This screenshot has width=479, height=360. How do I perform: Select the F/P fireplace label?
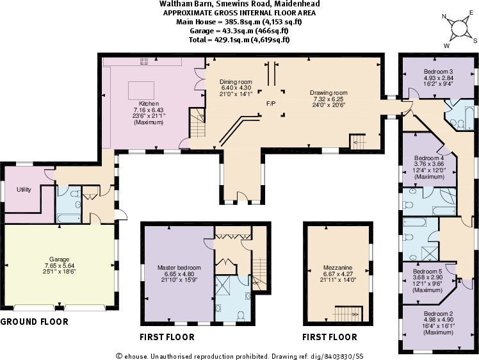pos(272,102)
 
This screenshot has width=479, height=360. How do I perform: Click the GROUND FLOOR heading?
pos(34,321)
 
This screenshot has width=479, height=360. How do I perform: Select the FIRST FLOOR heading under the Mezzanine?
pos(330,337)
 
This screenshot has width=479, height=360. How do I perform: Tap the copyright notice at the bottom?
pos(239,355)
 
